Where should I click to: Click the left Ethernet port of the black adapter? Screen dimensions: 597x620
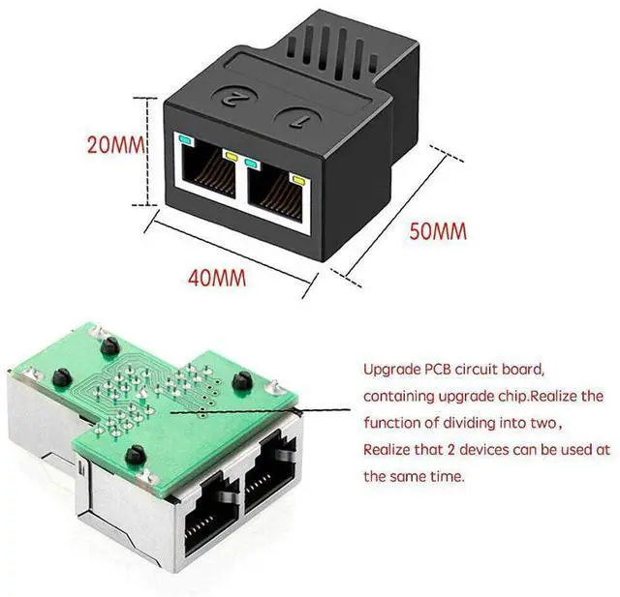tap(208, 178)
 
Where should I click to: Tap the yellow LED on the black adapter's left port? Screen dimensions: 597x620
tap(231, 155)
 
